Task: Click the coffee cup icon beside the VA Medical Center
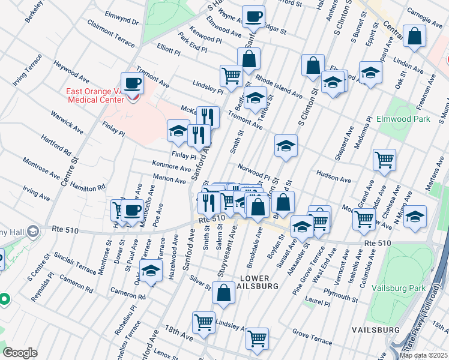pos(132,84)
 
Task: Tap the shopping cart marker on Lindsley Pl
pos(231,76)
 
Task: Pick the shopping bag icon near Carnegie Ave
pos(414,37)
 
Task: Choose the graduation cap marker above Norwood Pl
pos(286,146)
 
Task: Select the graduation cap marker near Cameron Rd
pos(151,271)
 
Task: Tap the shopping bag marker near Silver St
pos(223,293)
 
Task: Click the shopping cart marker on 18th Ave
pos(203,322)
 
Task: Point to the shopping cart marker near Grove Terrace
pos(257,338)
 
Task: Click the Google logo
pos(20,353)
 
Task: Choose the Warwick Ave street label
pos(67,121)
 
